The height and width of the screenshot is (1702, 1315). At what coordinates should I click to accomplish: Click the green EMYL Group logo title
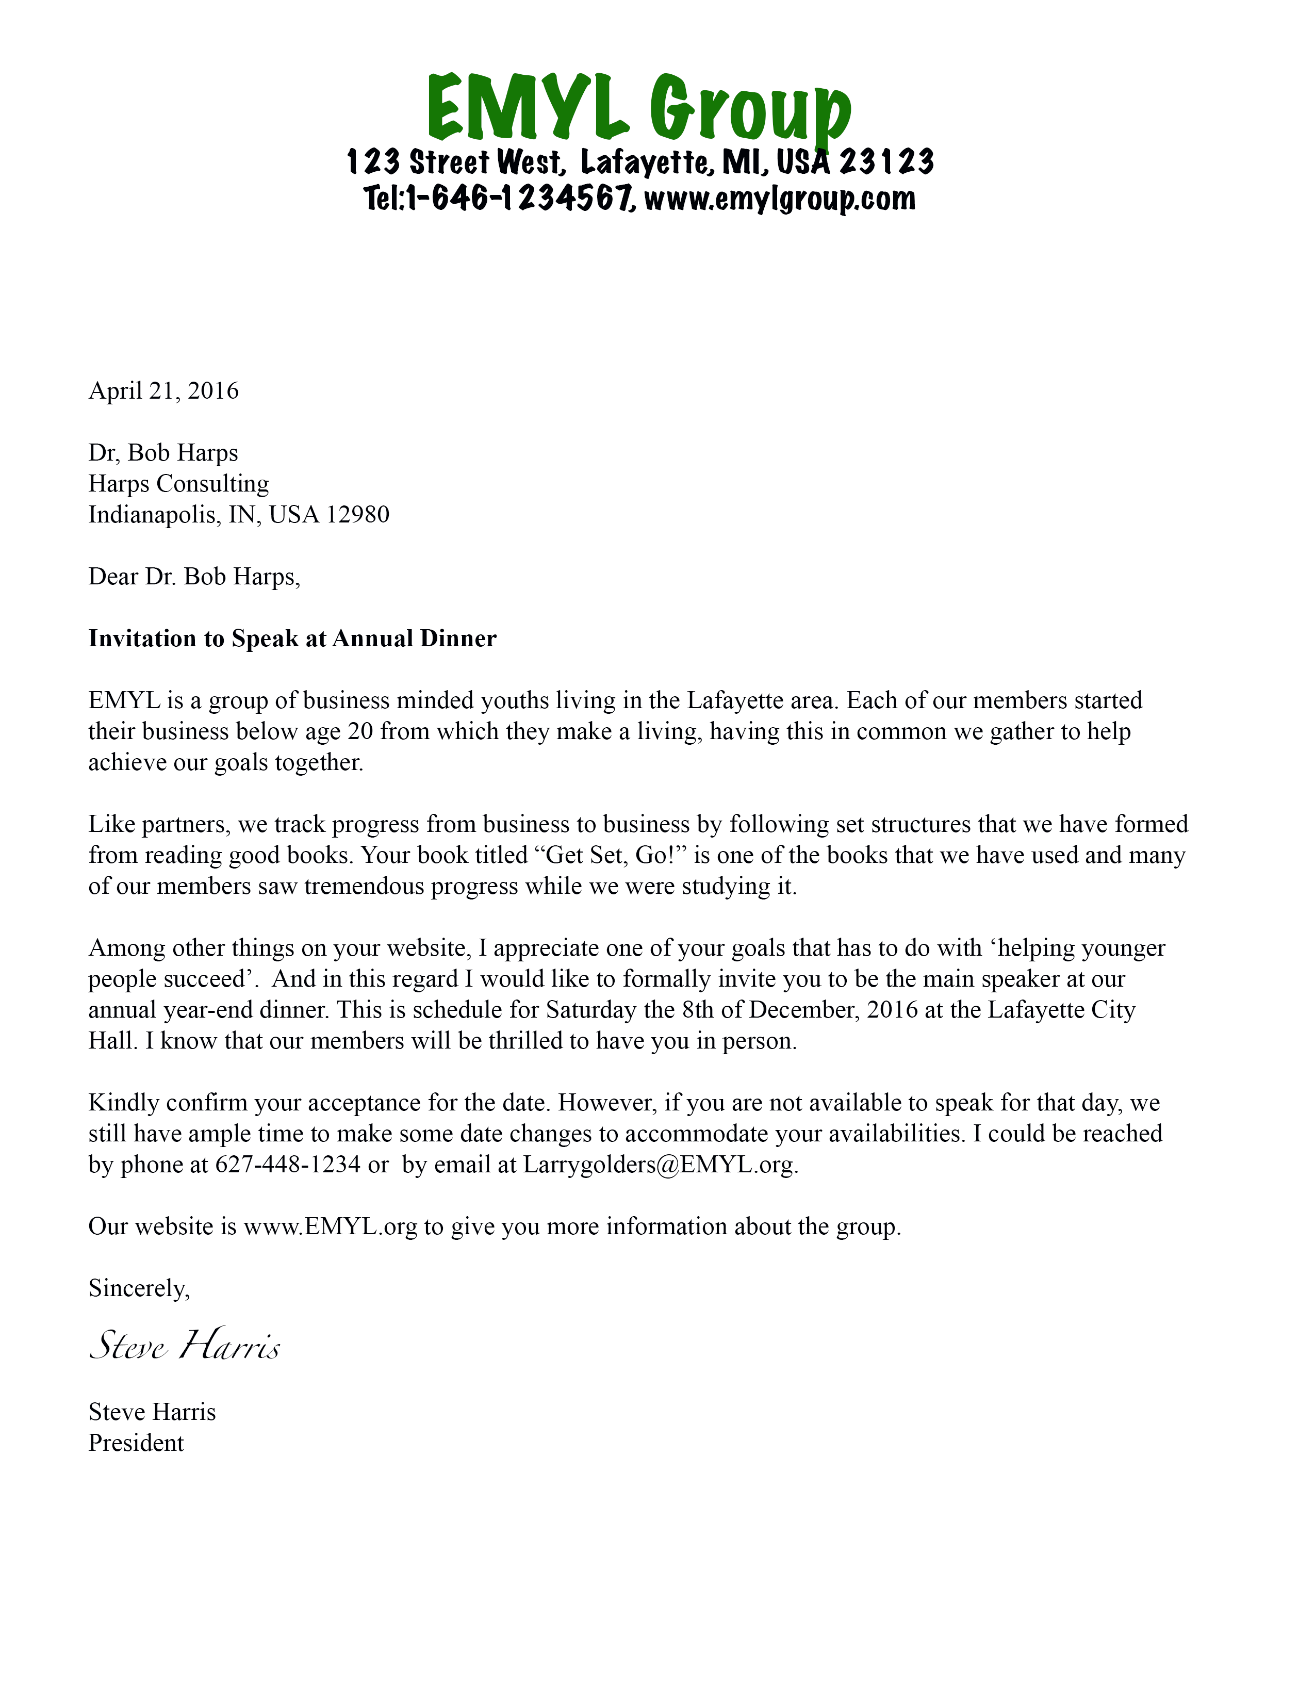point(639,109)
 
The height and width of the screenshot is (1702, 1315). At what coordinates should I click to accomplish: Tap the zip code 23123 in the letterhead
point(886,162)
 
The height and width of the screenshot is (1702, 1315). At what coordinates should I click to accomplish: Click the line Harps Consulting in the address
point(178,484)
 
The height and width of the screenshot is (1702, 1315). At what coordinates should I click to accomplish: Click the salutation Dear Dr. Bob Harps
point(194,577)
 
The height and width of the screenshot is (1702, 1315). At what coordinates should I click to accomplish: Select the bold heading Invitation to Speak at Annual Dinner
point(292,639)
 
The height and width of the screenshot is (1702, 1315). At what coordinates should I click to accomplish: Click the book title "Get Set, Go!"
point(606,856)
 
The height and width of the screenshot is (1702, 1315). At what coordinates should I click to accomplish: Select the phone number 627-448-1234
point(287,1165)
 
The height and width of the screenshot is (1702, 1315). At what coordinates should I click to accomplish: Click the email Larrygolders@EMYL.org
point(659,1165)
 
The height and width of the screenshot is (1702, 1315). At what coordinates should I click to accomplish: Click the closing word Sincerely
point(139,1289)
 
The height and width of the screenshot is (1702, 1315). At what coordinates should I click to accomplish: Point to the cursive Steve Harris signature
point(185,1346)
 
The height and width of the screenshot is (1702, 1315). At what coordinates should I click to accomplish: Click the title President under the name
point(136,1443)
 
